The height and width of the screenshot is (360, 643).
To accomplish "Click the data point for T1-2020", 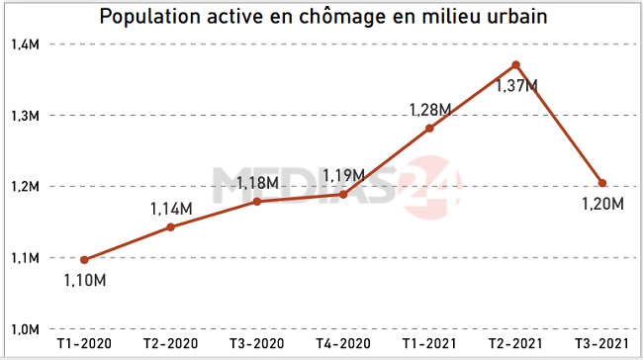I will (84, 260).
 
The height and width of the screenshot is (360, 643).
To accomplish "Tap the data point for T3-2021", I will (601, 183).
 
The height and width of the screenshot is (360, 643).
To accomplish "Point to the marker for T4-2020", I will (343, 194).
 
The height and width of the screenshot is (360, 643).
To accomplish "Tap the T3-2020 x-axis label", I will (256, 343).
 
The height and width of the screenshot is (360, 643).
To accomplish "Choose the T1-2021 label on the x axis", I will (429, 343).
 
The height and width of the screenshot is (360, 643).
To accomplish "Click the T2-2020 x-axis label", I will (170, 343).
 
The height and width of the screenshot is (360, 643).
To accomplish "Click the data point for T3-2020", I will (256, 201).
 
